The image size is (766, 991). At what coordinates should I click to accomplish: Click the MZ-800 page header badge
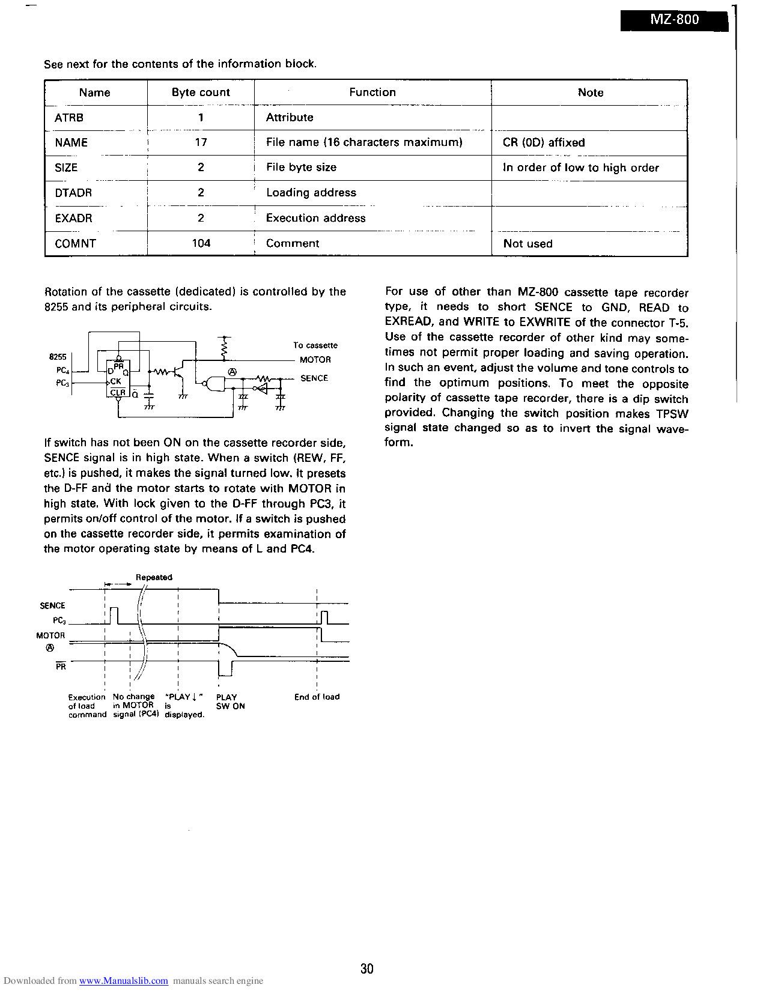tap(675, 19)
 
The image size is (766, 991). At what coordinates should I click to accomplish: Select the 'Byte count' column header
tap(201, 92)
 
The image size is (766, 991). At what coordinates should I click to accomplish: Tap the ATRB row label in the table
tap(69, 118)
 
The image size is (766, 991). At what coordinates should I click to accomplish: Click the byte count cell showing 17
tap(201, 143)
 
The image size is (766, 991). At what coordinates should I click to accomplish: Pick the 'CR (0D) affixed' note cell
tap(543, 143)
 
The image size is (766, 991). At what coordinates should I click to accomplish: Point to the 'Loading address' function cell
tap(311, 193)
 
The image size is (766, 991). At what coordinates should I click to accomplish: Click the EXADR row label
tap(73, 218)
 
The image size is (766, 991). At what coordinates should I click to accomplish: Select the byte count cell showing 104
tap(201, 243)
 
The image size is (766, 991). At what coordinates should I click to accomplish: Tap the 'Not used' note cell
tap(527, 243)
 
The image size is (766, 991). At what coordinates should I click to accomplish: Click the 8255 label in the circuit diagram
tap(57, 357)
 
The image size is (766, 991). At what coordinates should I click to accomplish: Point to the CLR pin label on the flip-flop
tap(118, 393)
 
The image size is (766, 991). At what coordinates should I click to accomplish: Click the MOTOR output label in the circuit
tap(315, 360)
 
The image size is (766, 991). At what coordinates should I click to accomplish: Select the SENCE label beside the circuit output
tap(314, 378)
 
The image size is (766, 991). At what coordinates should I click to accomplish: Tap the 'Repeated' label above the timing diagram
tap(154, 577)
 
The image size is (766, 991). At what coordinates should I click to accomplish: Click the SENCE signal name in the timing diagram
tap(52, 605)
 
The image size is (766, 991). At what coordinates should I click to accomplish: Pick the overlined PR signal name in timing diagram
tap(60, 666)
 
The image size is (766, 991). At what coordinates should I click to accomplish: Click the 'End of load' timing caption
tap(317, 697)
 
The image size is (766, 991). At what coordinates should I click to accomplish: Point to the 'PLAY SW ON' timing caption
tap(230, 702)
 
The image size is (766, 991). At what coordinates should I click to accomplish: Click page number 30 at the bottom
tap(367, 968)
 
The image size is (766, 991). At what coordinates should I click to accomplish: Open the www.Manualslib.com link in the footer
tap(123, 981)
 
